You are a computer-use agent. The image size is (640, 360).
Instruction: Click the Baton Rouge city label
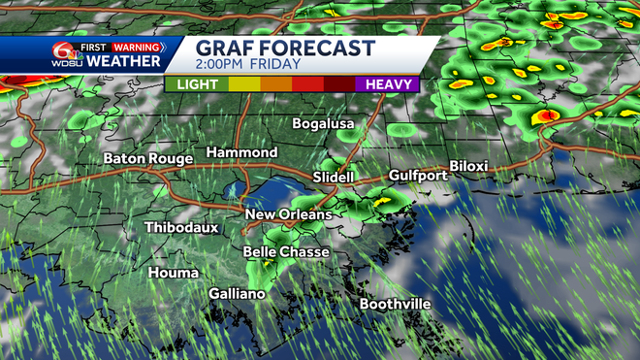(x=148, y=157)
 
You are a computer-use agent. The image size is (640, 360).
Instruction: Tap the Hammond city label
(x=241, y=153)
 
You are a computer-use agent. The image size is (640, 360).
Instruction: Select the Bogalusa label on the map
(x=325, y=124)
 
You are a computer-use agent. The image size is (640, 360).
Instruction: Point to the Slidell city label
(x=334, y=177)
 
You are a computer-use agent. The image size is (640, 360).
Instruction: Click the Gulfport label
(x=418, y=175)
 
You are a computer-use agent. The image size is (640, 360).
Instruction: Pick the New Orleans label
(x=288, y=214)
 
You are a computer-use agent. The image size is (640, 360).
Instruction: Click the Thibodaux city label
(x=181, y=227)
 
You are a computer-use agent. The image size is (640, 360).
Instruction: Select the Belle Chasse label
(x=286, y=252)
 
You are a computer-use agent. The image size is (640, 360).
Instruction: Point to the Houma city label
(x=174, y=273)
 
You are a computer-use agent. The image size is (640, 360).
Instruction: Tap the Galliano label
(x=237, y=293)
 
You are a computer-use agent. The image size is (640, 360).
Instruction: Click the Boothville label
(x=396, y=304)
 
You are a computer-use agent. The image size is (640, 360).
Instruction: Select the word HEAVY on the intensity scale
(x=391, y=84)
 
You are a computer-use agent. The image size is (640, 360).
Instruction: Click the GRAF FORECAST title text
(x=284, y=49)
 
